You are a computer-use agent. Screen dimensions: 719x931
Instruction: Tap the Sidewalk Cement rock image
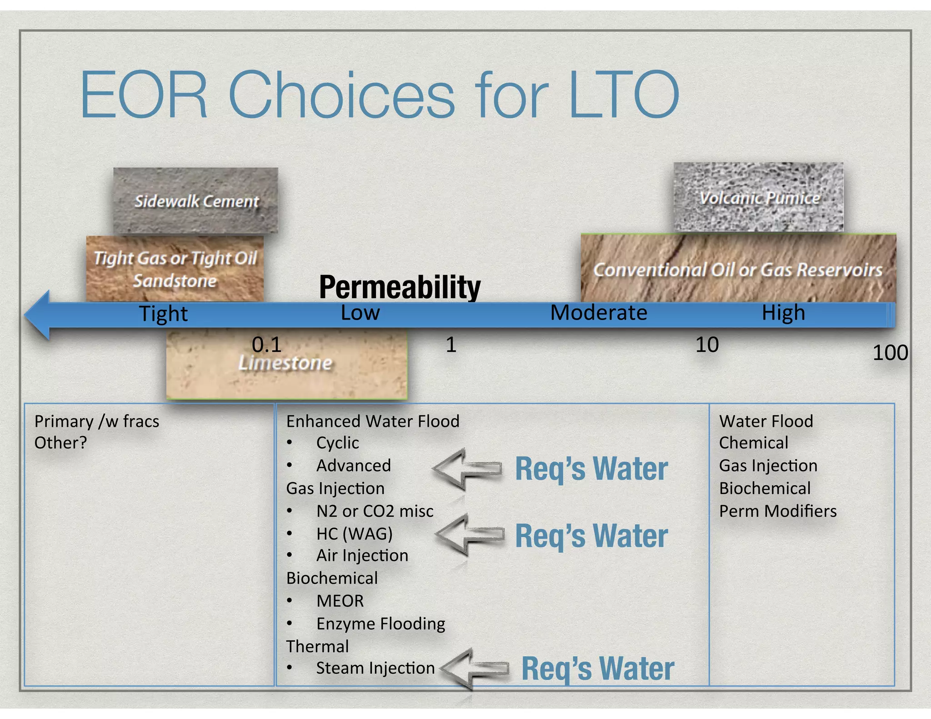(x=195, y=200)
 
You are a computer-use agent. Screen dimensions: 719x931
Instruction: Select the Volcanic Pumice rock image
(x=758, y=197)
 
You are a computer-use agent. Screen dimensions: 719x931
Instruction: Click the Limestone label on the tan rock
(x=285, y=363)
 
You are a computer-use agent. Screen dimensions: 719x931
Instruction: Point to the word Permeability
(x=400, y=287)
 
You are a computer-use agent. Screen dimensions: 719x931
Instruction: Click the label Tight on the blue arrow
(x=163, y=314)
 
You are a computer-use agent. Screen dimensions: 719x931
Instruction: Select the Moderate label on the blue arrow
(x=599, y=313)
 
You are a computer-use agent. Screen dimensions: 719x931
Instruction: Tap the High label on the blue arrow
(x=783, y=313)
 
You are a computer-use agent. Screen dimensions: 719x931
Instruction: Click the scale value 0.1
(x=266, y=345)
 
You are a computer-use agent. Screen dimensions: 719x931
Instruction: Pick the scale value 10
(x=707, y=345)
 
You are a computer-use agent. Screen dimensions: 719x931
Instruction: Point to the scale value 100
(x=890, y=353)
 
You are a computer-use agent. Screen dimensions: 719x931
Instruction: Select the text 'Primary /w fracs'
(x=97, y=421)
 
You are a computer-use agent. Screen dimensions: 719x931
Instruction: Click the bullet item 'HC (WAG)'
(x=354, y=534)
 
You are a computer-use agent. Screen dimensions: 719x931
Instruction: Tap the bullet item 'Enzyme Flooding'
(x=380, y=624)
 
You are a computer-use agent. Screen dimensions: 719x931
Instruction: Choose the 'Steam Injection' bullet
(x=375, y=668)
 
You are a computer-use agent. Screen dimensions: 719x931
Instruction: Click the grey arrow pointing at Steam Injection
(x=475, y=668)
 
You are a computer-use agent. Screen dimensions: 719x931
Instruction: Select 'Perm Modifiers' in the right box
(x=777, y=511)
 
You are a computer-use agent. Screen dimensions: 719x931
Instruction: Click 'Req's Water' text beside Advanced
(x=591, y=469)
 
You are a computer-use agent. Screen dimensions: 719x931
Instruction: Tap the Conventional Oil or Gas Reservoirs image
(x=738, y=269)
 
